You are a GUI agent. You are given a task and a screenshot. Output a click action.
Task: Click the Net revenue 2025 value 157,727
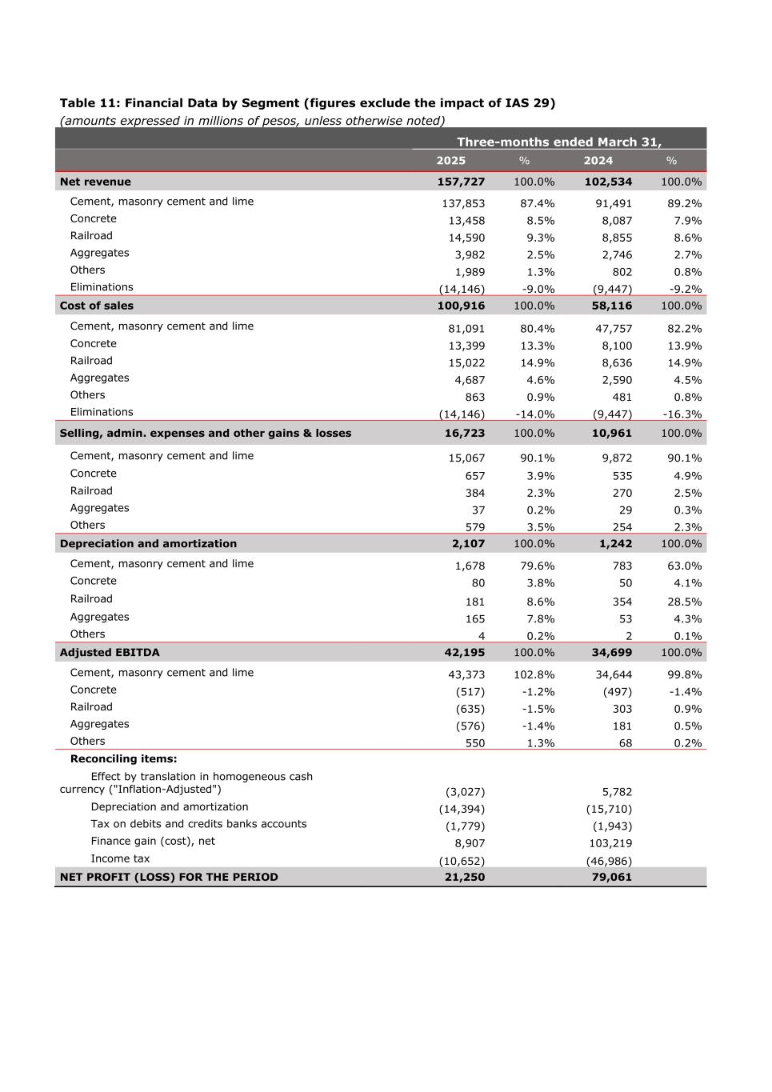(x=461, y=182)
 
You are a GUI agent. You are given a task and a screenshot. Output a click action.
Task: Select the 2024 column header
(x=598, y=161)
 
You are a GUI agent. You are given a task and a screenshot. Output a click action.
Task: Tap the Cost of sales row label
(x=97, y=306)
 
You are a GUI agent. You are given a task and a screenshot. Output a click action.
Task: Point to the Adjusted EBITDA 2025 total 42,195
(x=464, y=653)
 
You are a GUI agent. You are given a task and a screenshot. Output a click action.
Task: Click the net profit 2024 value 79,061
(x=611, y=878)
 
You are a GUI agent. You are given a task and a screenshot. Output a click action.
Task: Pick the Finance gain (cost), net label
(x=153, y=842)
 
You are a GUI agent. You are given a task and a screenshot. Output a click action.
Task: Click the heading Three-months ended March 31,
(x=559, y=142)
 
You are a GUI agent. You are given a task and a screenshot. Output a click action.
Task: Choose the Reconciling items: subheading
(x=123, y=759)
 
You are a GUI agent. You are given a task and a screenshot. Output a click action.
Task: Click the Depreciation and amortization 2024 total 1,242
(x=615, y=544)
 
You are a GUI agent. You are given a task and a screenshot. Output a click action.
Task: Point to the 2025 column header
(x=450, y=161)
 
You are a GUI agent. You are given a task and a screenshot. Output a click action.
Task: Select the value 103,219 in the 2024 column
(x=610, y=843)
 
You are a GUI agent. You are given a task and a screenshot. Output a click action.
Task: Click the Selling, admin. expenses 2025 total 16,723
(x=464, y=434)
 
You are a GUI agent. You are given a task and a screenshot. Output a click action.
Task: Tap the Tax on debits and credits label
(x=198, y=824)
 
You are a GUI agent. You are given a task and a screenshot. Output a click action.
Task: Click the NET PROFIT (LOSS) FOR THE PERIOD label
(x=169, y=878)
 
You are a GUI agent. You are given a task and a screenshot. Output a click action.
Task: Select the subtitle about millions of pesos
(x=252, y=121)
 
